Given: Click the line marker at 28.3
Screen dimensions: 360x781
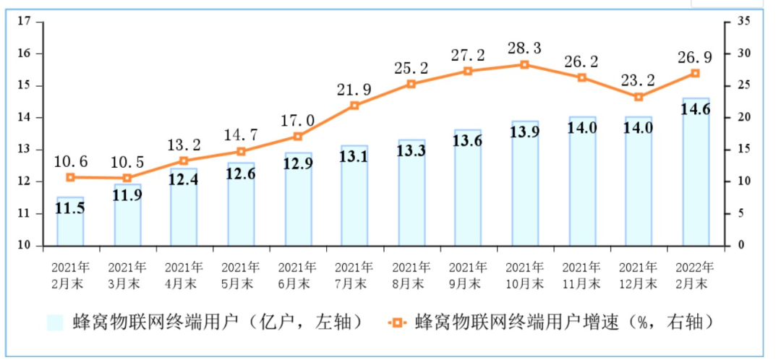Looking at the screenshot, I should click(x=525, y=64).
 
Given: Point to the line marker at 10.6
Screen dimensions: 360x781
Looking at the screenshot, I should click(x=70, y=177).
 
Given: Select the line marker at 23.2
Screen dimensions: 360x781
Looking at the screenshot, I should click(x=639, y=97).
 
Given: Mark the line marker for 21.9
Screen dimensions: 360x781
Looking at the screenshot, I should click(x=354, y=105).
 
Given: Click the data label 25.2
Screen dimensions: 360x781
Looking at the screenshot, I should click(x=411, y=69).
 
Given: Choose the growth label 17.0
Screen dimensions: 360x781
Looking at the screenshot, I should click(x=298, y=121).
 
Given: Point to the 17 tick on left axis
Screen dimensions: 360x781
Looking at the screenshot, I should click(x=23, y=22).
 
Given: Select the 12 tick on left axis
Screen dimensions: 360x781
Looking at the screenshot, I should click(x=23, y=181).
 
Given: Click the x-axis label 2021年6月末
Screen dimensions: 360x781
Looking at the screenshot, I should click(x=298, y=275).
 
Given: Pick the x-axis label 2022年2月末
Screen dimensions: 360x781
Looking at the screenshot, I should click(x=696, y=275).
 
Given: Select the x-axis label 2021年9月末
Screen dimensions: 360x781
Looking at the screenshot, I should click(x=468, y=275).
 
